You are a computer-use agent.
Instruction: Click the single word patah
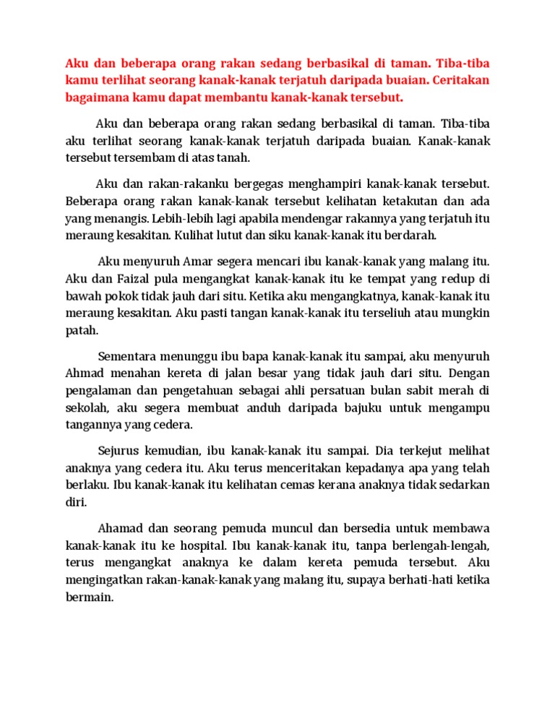click(80, 330)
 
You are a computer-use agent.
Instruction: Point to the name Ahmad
click(84, 373)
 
